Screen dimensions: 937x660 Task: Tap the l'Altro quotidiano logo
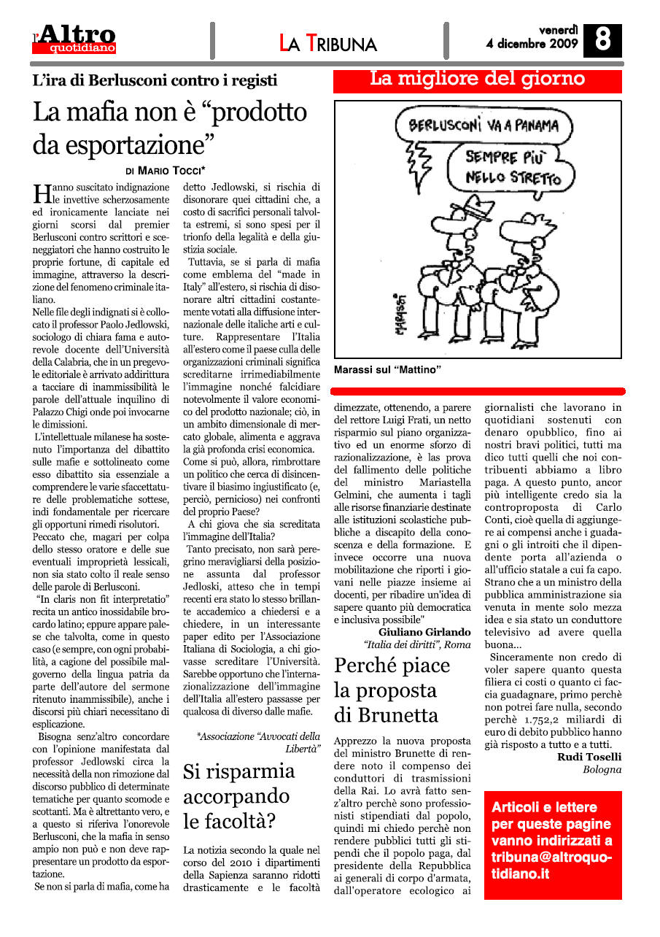point(74,39)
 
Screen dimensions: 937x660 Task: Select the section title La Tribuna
point(328,43)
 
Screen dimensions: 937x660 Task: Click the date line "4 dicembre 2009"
point(532,44)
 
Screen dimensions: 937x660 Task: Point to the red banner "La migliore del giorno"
point(478,80)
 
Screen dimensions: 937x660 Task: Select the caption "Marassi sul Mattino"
point(388,371)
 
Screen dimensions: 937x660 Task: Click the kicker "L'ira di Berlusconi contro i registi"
point(155,80)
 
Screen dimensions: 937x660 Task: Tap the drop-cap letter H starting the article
point(41,193)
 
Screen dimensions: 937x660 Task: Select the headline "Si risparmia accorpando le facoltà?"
point(238,796)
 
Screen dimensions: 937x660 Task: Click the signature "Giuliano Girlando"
point(424,631)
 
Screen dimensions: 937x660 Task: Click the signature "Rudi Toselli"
point(589,757)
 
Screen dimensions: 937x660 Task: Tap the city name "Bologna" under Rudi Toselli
point(602,770)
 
